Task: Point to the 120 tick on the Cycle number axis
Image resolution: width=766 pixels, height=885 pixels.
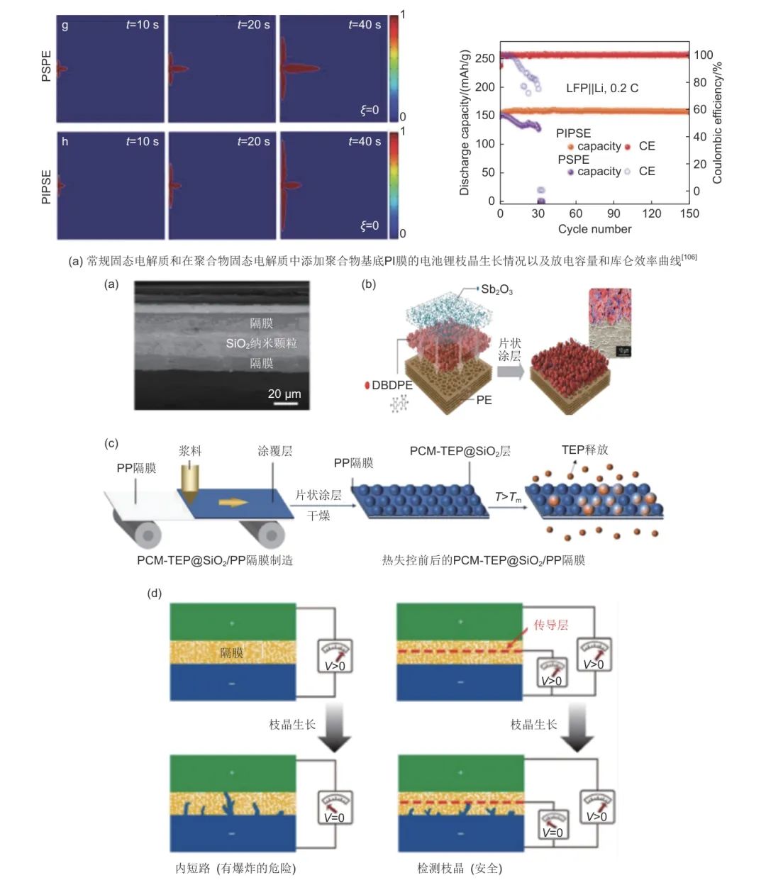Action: click(651, 213)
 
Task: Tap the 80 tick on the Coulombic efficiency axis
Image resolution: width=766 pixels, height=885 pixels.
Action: click(700, 82)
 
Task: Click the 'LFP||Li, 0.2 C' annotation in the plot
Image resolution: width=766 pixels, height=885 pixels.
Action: click(601, 88)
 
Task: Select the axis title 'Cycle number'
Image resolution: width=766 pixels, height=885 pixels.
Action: click(594, 229)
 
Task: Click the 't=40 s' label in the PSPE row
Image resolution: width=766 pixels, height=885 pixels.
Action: click(365, 25)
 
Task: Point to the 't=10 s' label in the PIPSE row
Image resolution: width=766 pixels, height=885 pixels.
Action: click(142, 142)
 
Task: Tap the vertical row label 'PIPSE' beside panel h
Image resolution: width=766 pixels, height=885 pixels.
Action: click(47, 187)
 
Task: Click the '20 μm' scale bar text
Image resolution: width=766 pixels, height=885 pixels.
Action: click(284, 394)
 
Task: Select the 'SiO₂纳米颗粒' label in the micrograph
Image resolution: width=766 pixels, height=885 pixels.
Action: click(261, 343)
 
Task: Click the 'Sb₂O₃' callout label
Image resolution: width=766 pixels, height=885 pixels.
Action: click(496, 289)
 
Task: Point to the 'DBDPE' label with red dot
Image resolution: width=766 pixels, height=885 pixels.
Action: click(388, 385)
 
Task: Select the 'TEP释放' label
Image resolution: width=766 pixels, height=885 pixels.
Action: click(584, 450)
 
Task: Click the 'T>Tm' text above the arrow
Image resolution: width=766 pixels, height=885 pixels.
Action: click(508, 497)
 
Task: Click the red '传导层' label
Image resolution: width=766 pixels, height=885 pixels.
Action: click(551, 625)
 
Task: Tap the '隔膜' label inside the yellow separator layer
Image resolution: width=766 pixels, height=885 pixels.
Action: click(232, 652)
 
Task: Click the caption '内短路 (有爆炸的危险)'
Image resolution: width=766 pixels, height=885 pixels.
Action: click(235, 868)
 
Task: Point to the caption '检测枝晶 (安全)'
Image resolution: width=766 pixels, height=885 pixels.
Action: click(460, 868)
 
